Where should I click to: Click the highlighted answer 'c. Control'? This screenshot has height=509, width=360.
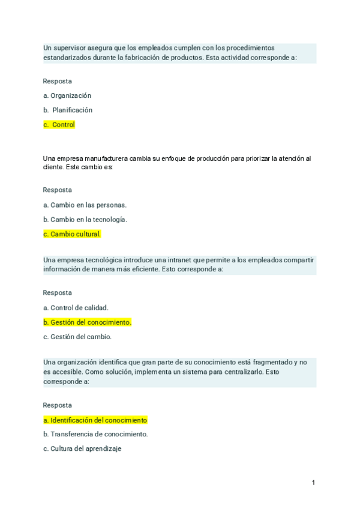[59, 125]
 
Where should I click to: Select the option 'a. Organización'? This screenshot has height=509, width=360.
[67, 95]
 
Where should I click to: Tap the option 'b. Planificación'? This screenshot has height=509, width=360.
[68, 110]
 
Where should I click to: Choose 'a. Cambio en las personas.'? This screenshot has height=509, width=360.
[85, 205]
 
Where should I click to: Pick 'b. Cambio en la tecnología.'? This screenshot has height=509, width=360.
[85, 220]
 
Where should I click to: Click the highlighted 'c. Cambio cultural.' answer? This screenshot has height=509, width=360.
[72, 234]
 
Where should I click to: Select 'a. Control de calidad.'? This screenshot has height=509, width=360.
[76, 308]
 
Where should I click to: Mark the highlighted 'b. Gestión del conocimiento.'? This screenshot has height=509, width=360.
[87, 322]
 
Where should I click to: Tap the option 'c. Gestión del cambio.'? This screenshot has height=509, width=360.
[77, 337]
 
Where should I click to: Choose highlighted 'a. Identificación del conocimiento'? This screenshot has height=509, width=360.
[95, 420]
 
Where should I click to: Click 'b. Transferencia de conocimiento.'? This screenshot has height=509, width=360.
[95, 434]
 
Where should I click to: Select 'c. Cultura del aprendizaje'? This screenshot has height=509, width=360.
[82, 448]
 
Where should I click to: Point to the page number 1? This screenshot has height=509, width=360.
[313, 483]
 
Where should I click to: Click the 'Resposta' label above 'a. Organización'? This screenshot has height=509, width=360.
[57, 81]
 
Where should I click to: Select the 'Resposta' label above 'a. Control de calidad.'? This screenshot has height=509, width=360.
[57, 293]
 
